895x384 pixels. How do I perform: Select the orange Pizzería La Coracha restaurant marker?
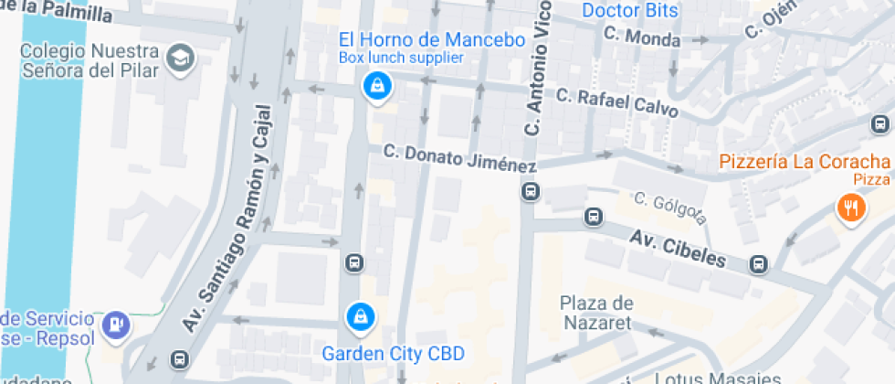click(x=850, y=208)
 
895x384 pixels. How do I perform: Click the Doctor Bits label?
click(x=630, y=11)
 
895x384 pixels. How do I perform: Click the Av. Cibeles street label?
click(x=677, y=248)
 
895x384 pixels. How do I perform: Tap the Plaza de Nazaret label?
click(x=596, y=313)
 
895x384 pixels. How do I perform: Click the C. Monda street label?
click(x=641, y=37)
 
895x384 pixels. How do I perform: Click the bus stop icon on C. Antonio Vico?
click(x=529, y=192)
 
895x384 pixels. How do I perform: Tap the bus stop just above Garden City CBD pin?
click(x=354, y=263)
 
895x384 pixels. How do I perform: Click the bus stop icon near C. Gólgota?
click(x=593, y=218)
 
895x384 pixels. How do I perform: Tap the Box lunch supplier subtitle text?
click(x=401, y=58)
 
